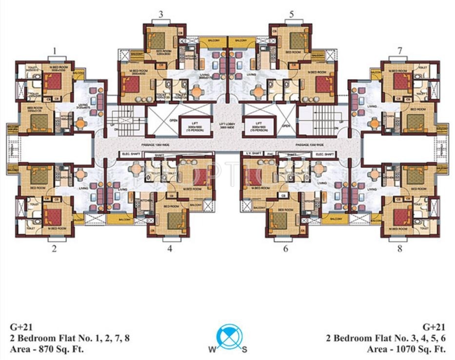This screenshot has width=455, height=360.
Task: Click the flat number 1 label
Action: (55, 50)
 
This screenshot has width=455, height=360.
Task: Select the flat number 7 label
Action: (399, 50)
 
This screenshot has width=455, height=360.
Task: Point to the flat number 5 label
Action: (291, 14)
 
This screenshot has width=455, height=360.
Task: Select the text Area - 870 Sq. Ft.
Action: (47, 349)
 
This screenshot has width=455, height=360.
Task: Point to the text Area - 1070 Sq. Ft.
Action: (406, 349)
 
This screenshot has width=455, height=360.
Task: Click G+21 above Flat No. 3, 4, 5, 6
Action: (434, 327)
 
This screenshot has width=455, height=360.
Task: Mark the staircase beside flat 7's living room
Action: (321, 119)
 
